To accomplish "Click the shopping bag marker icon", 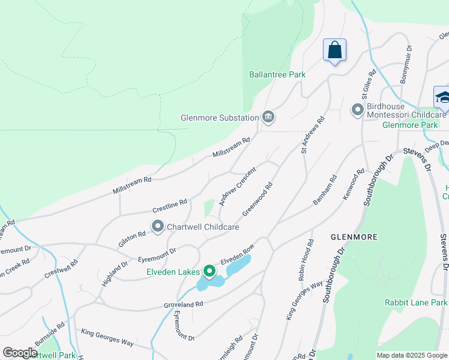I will coord(334,50).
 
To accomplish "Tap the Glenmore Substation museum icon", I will coord(268,118).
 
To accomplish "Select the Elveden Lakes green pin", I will coord(209,272).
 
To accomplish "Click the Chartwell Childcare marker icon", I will coord(158,227).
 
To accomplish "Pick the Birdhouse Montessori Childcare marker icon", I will coord(357,110).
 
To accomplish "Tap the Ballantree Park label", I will coord(277,74).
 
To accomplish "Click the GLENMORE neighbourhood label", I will coord(354,237).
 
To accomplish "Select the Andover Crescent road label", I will coord(238,186).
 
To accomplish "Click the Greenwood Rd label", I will coord(258,200).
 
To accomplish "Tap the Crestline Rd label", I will coord(170,206).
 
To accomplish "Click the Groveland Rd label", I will coord(184,305).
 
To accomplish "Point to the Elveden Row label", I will coord(238,256).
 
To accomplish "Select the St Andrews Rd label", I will coord(312,135).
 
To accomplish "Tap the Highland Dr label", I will coord(115,272).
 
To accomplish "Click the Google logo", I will coord(20,353).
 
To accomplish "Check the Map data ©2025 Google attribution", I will coord(411,355).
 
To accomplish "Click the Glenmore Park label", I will coord(410,125).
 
